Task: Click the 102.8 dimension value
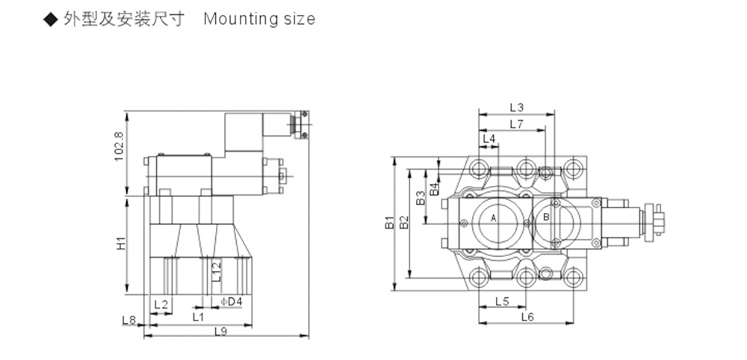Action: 119,146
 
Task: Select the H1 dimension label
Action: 121,243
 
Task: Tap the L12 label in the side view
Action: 217,271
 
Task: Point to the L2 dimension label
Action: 161,304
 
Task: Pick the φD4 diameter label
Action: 232,302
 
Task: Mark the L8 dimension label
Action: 129,320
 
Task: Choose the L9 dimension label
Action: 220,332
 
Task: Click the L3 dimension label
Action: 516,107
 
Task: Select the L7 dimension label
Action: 516,124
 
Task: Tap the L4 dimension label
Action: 489,139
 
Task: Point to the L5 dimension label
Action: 502,301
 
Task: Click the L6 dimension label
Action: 527,317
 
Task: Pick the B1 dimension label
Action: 390,223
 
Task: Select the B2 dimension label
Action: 404,223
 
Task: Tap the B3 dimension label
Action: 420,198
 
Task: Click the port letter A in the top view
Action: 494,218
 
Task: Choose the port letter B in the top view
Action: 547,217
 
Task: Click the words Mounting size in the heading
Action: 259,19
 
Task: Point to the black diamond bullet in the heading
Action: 50,19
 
